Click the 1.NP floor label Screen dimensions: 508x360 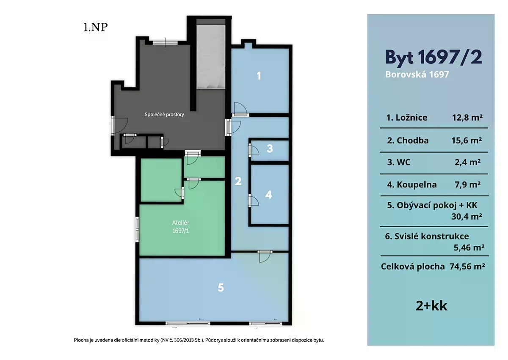click(x=96, y=27)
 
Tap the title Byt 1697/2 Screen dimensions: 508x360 click(x=433, y=57)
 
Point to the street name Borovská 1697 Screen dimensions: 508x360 click(x=417, y=74)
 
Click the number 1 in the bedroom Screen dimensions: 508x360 click(x=259, y=76)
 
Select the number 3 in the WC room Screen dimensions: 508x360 click(x=269, y=148)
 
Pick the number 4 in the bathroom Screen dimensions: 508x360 click(x=268, y=195)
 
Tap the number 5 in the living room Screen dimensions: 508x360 click(x=221, y=288)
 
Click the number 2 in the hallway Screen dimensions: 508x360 click(x=238, y=181)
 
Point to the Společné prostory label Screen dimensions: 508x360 click(x=164, y=115)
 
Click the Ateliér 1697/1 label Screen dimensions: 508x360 click(x=180, y=227)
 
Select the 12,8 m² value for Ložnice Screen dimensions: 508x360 click(x=467, y=117)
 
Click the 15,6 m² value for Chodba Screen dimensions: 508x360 click(x=467, y=140)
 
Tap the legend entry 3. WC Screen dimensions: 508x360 click(x=399, y=162)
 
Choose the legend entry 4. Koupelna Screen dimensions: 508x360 click(x=412, y=184)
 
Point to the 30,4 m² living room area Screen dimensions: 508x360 click(x=467, y=216)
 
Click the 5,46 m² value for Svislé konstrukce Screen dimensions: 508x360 click(x=469, y=247)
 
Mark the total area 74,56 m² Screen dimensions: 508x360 click(x=467, y=267)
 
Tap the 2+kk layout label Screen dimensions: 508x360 click(x=431, y=306)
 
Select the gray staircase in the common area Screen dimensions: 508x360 click(x=211, y=57)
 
